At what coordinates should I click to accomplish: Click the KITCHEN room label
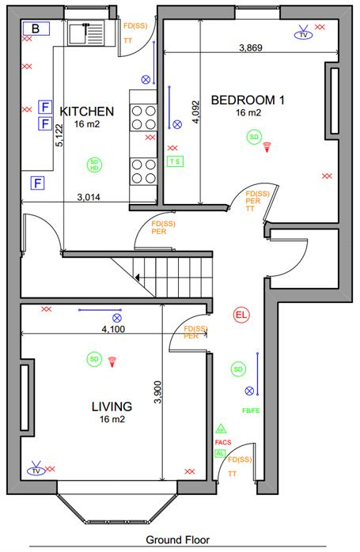pos(87,111)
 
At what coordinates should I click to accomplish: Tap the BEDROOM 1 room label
pos(248,100)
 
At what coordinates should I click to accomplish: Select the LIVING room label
pos(112,406)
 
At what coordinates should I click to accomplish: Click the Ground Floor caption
pos(178,541)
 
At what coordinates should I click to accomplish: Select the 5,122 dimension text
pos(59,134)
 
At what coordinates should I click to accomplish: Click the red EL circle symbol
pos(241,316)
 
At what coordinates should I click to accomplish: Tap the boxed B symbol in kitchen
pos(36,28)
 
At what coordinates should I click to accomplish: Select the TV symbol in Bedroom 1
pos(302,34)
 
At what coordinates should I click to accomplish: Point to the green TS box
pos(175,161)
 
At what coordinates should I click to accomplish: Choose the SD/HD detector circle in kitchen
pos(94,165)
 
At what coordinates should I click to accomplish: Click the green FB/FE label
pos(250,411)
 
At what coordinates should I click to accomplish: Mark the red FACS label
pos(222,443)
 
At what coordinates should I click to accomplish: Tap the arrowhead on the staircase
pos(138,278)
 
